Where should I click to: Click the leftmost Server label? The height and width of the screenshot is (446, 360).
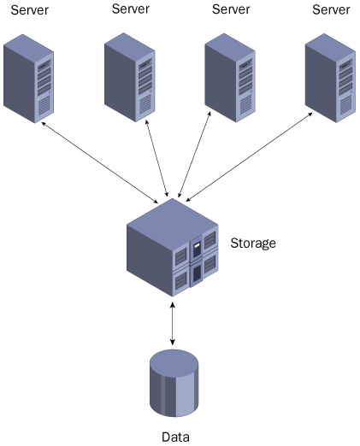tap(30, 10)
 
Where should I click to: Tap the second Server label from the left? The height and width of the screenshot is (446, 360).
tap(131, 9)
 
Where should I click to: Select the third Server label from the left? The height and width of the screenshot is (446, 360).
tap(231, 9)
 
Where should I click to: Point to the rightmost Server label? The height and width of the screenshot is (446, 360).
tap(331, 9)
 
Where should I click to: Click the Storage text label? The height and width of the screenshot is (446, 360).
tap(253, 244)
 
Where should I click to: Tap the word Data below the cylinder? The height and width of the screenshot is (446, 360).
tap(175, 437)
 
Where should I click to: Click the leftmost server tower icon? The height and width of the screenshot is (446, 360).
tap(28, 79)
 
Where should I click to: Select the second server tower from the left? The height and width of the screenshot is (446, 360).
tap(130, 78)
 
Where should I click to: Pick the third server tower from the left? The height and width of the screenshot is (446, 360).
tap(230, 78)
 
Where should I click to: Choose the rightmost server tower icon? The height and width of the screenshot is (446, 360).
tap(330, 78)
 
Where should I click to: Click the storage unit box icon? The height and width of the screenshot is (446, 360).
tap(173, 248)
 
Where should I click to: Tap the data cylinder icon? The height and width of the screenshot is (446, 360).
tap(174, 383)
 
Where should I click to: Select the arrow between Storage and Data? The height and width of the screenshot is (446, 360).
tap(173, 324)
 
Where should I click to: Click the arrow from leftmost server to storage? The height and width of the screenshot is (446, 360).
tap(99, 162)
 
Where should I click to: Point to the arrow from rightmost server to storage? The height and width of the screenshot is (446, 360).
tap(249, 157)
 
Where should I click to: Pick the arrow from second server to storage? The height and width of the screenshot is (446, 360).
tap(156, 158)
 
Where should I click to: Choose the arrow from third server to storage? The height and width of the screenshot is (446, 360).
tap(194, 155)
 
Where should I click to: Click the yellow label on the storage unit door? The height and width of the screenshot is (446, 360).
tap(197, 244)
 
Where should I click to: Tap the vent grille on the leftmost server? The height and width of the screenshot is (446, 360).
tap(44, 106)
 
